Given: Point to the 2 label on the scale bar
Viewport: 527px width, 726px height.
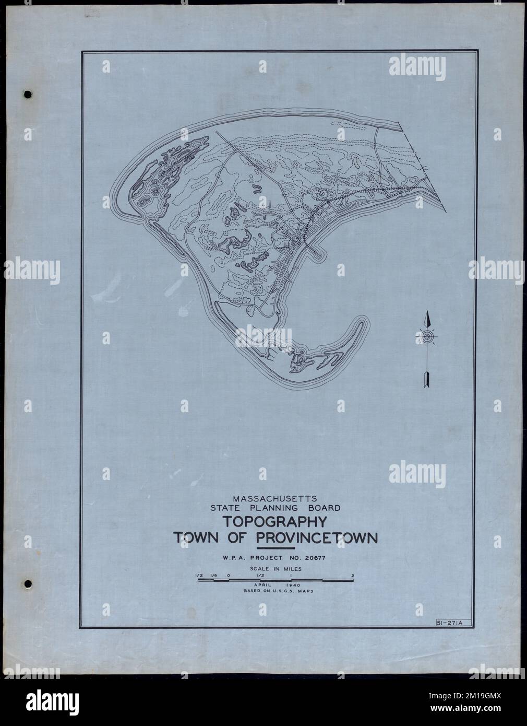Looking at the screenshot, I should (353, 576).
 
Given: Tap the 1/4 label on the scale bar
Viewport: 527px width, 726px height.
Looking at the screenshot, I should (213, 576).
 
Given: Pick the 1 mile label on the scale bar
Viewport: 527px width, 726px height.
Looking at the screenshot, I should (291, 576).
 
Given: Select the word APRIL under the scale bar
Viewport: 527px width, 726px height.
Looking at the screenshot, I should (261, 586).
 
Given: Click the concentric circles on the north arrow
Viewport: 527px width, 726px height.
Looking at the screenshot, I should (427, 337).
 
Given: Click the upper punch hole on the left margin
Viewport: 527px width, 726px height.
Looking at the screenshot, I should (28, 95).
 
